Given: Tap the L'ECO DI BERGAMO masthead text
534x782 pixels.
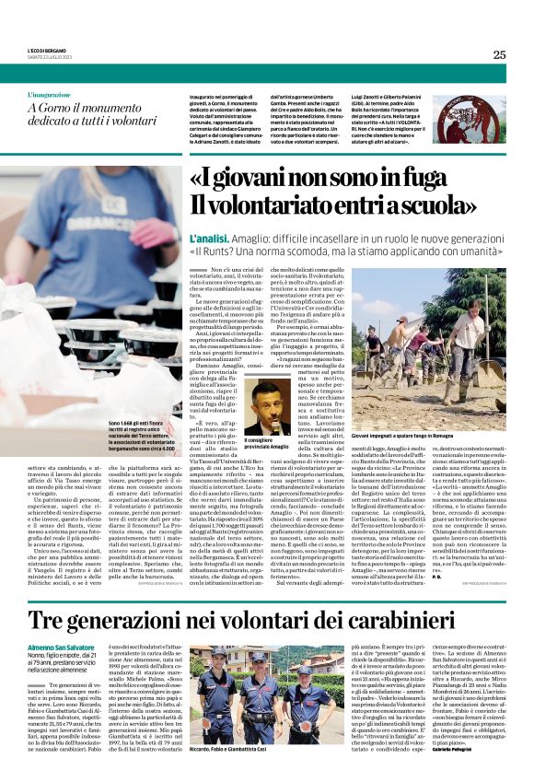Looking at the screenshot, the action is coord(48,50).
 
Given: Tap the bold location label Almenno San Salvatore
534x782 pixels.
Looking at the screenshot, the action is coord(69,648).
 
